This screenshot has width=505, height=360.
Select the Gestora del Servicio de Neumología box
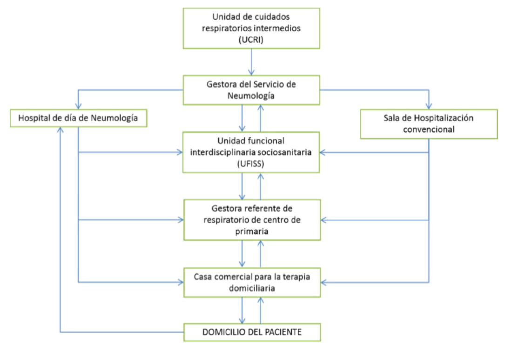pos(251,90)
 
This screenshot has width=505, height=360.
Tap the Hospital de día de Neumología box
pos(78,118)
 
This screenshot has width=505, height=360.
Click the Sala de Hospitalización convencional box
pos(429,124)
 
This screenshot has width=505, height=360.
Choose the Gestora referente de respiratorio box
pos(252,219)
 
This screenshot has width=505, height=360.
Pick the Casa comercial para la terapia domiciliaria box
pos(252,282)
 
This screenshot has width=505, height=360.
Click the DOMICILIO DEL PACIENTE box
pos(252,332)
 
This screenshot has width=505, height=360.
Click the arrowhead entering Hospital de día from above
pos(78,106)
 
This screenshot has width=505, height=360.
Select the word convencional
pos(429,129)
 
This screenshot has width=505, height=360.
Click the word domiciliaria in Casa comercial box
pos(252,288)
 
